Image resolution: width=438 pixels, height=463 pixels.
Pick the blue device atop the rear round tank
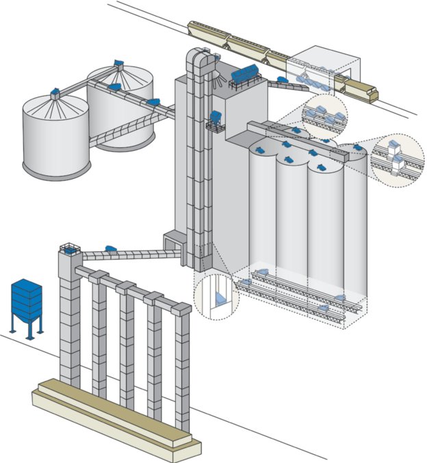(x=118, y=63)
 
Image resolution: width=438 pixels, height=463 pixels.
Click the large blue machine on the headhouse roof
(x=245, y=72)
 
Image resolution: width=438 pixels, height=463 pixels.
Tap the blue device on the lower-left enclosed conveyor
(x=109, y=247)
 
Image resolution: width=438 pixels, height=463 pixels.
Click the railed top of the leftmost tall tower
(x=70, y=249)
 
